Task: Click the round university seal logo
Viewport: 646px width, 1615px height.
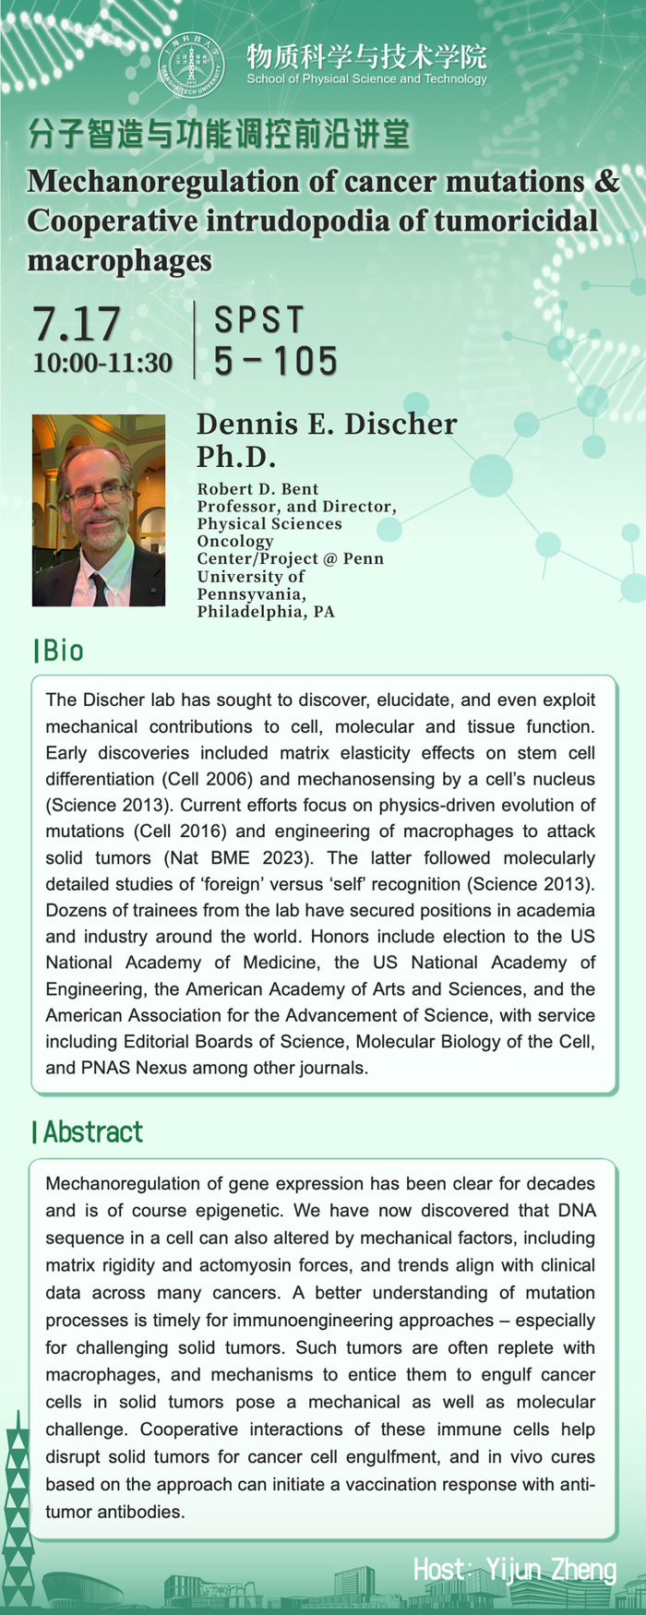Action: (x=192, y=65)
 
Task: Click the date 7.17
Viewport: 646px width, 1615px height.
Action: (x=77, y=324)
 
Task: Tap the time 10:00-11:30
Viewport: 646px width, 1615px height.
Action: (x=102, y=363)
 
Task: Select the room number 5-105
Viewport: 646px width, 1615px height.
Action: (x=276, y=361)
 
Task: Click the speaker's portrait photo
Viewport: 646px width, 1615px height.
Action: (x=99, y=510)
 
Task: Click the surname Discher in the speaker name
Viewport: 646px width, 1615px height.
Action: (x=401, y=425)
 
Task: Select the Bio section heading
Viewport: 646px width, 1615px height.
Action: (x=60, y=651)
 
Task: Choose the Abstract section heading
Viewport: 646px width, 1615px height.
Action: (x=90, y=1131)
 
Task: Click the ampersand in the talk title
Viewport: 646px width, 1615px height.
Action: (x=606, y=182)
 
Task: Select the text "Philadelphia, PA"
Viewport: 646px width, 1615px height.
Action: (x=266, y=611)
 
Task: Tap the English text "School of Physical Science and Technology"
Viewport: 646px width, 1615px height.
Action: (x=366, y=79)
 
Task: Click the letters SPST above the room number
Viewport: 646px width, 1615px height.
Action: (x=259, y=320)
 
